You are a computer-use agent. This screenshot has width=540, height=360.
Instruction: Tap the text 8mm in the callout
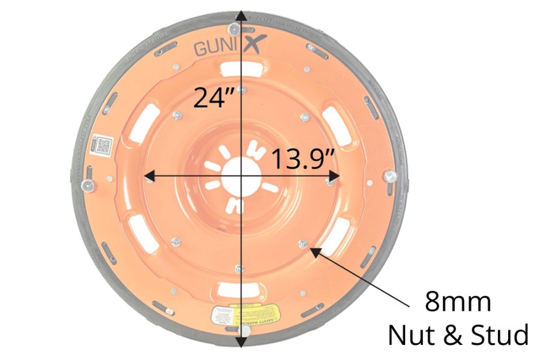click(458, 301)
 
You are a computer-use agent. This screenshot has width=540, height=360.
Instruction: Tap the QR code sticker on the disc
click(102, 145)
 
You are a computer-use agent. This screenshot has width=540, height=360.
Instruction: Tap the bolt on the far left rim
click(88, 185)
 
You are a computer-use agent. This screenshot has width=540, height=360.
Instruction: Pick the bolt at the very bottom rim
click(244, 331)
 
